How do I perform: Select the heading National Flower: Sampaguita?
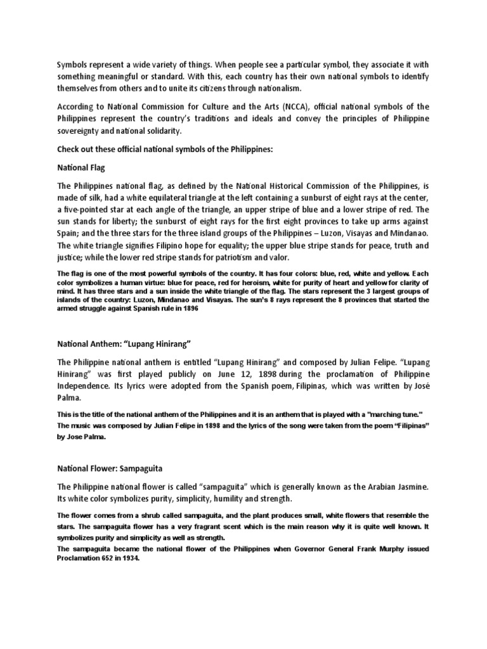point(110,467)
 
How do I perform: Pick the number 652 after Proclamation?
point(105,560)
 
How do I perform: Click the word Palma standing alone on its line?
point(69,397)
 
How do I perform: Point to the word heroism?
point(255,281)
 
